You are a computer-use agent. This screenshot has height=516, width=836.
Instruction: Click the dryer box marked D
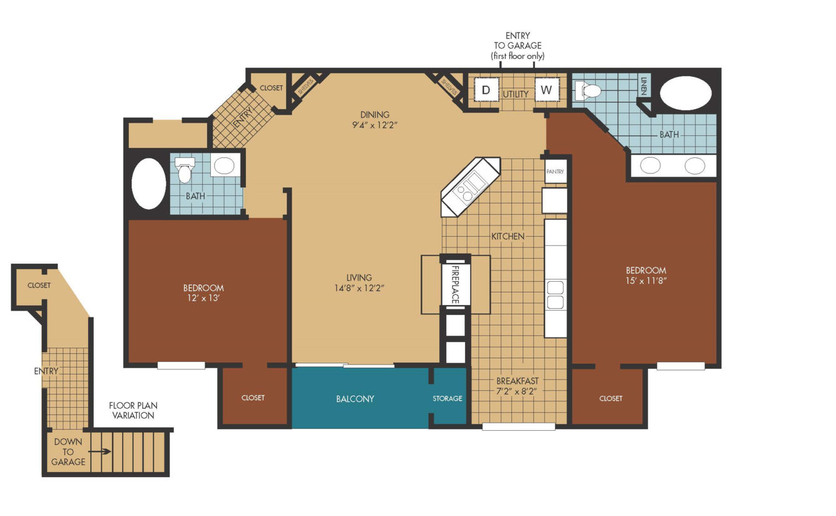click(486, 90)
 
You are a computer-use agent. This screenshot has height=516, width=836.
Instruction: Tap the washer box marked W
click(547, 90)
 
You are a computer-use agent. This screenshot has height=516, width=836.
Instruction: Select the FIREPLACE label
click(456, 284)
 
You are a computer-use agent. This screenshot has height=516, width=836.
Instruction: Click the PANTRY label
click(555, 172)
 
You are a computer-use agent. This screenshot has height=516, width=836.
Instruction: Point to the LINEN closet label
click(644, 86)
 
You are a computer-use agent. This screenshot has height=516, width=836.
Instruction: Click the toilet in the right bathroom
click(588, 91)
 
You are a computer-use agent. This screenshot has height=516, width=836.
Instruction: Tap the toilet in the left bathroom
click(185, 170)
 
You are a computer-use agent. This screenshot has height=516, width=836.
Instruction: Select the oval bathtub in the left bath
click(149, 183)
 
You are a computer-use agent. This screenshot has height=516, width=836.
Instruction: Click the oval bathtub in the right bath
click(686, 93)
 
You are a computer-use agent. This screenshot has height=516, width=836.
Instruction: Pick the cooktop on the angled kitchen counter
click(471, 187)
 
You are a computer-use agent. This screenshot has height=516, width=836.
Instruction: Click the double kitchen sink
click(555, 296)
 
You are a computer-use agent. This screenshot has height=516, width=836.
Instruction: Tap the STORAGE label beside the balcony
click(447, 398)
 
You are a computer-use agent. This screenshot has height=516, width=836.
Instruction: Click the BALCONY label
click(355, 399)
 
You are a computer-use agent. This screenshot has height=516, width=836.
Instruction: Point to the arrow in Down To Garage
click(99, 452)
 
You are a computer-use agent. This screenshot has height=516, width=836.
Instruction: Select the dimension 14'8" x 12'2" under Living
click(359, 288)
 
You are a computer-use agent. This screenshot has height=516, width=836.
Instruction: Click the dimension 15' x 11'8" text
click(646, 281)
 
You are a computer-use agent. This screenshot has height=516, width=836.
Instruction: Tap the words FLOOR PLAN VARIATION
click(133, 410)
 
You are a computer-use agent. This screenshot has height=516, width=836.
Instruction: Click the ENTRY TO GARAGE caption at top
click(517, 46)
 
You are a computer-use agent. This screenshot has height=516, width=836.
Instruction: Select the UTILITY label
click(516, 94)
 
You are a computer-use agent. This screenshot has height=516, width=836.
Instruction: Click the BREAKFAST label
click(517, 381)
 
